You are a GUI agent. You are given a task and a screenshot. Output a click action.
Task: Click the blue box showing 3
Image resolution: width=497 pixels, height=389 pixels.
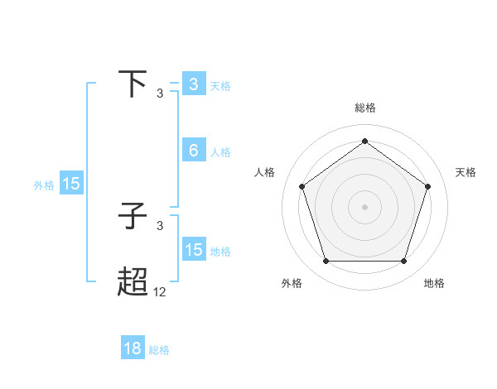[x=193, y=84]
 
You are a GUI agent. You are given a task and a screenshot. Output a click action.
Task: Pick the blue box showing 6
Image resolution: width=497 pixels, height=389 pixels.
[x=193, y=151]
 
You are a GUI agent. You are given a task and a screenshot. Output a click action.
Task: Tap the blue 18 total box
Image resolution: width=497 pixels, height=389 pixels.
[x=133, y=349]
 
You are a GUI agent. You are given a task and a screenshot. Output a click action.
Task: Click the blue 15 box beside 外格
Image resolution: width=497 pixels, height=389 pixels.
[x=71, y=184]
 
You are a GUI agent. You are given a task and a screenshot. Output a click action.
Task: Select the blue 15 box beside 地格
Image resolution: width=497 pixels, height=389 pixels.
[x=193, y=250]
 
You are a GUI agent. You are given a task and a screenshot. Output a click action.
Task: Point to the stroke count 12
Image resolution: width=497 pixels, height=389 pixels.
[x=160, y=292]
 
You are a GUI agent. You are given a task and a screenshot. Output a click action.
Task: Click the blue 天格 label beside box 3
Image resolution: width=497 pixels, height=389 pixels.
[x=220, y=85]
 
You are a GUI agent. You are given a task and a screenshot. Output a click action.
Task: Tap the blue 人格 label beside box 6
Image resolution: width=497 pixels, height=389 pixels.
[x=220, y=151]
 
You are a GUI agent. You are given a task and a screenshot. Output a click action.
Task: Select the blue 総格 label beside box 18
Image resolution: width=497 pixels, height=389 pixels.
[x=159, y=350]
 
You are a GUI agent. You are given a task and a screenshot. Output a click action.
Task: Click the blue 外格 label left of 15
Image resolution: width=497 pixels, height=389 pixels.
[x=44, y=185]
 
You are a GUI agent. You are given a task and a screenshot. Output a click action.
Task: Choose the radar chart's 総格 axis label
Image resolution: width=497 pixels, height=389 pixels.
[x=364, y=108]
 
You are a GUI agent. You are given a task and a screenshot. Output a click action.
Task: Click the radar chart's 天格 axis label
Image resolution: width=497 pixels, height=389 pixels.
[x=466, y=172]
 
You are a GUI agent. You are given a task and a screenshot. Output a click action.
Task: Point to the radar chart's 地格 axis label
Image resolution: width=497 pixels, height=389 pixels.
[x=434, y=283]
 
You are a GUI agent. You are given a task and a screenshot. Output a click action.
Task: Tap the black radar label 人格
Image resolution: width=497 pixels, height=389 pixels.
[x=265, y=172]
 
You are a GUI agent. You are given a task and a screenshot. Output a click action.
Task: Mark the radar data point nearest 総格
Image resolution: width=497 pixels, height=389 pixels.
[x=364, y=141]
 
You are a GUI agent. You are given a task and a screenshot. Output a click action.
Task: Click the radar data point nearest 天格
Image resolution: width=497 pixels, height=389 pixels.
[x=427, y=186]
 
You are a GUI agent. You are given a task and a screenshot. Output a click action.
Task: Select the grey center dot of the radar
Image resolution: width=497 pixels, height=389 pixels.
[x=364, y=206]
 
